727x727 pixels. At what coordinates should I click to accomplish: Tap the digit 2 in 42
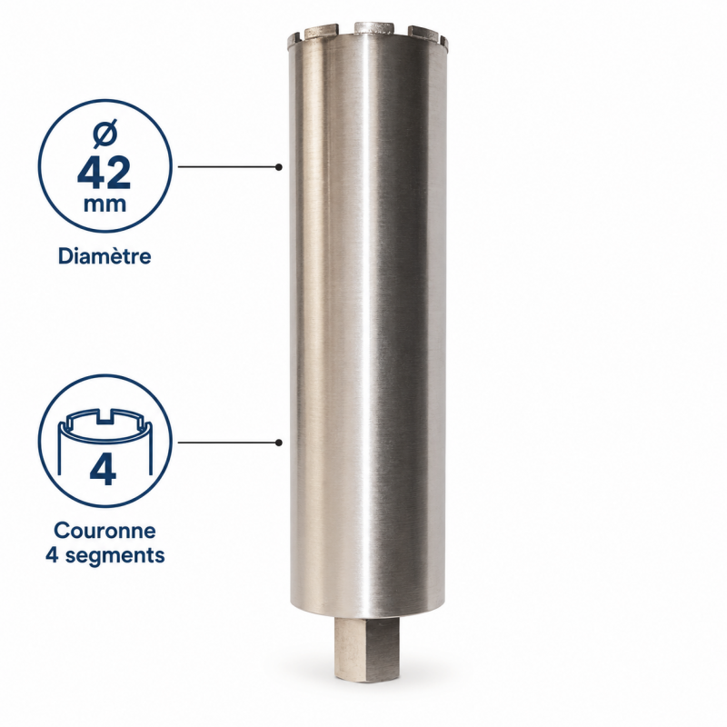coord(118,173)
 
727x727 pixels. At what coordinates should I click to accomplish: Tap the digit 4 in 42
coord(91,173)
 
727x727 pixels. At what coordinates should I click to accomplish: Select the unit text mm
coord(105,205)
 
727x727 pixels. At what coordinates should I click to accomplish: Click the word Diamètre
coord(105,256)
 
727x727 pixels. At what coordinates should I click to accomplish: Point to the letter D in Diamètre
coord(65,256)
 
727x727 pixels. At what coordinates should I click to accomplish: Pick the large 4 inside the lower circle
coord(104,469)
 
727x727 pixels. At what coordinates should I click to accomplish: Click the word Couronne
coord(105,531)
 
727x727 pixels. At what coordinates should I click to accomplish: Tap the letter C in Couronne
coord(61,531)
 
